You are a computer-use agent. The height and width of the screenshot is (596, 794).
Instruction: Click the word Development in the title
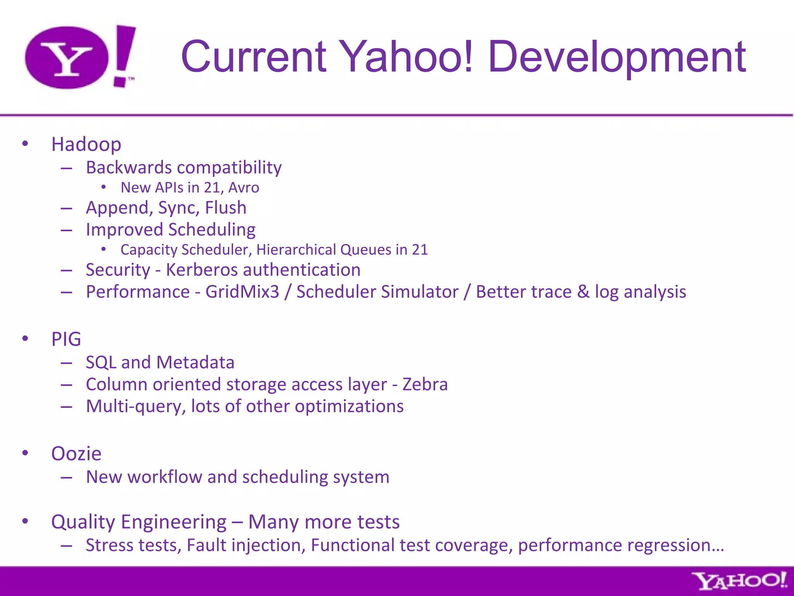(616, 57)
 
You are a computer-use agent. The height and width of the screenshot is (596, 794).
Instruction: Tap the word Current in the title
(254, 57)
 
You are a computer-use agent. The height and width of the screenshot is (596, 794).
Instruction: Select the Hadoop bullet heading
(86, 144)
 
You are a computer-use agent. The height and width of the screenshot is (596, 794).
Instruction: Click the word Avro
(243, 188)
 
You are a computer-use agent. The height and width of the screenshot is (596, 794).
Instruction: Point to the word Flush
(226, 208)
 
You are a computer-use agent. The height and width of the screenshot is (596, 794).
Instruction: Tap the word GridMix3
(242, 292)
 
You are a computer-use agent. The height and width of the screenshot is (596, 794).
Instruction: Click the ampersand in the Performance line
(583, 292)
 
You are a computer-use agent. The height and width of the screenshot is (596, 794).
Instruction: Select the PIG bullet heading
(66, 339)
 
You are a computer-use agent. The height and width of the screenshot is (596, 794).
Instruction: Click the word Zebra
(425, 385)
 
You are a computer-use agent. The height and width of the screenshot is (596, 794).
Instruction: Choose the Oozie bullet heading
(76, 454)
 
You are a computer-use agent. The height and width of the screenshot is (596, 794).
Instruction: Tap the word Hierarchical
(296, 250)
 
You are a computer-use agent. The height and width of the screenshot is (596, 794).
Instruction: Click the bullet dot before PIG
(25, 338)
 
